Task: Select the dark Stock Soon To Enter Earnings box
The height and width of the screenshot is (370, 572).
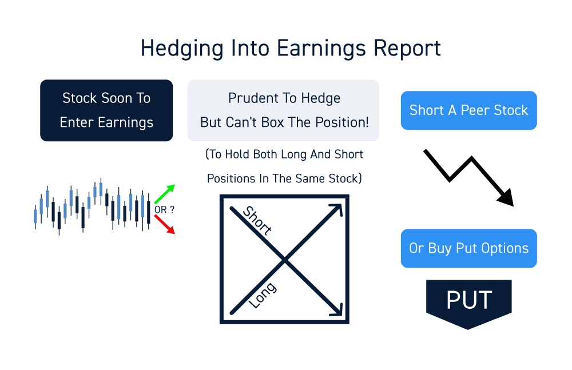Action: pyautogui.click(x=106, y=110)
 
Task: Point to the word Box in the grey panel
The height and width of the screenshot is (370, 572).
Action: pyautogui.click(x=272, y=122)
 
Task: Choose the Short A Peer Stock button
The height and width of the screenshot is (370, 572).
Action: pyautogui.click(x=469, y=110)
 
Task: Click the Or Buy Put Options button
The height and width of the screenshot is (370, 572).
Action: pyautogui.click(x=469, y=248)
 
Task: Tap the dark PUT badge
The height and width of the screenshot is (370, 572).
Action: pyautogui.click(x=469, y=303)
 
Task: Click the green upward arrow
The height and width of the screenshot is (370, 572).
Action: pyautogui.click(x=165, y=194)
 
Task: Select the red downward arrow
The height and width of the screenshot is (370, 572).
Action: pyautogui.click(x=165, y=224)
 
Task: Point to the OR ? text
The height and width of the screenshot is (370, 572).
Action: pyautogui.click(x=164, y=209)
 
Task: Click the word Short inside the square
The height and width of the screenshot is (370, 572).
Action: pyautogui.click(x=257, y=220)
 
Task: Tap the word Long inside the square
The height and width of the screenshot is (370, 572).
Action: pyautogui.click(x=263, y=295)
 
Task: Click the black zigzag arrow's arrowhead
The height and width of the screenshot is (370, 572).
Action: pyautogui.click(x=506, y=198)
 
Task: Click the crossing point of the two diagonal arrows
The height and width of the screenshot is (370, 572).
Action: pyautogui.click(x=284, y=260)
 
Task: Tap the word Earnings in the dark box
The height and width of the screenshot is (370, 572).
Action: pyautogui.click(x=125, y=123)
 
